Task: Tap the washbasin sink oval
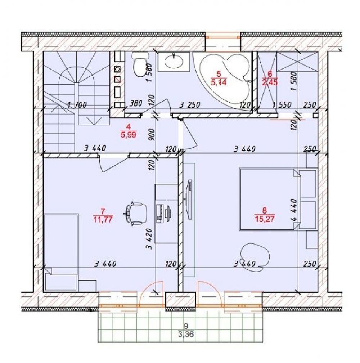(174, 62)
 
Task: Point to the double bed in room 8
(270, 199)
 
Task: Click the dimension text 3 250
(190, 105)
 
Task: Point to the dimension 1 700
(77, 105)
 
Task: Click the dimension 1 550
(281, 105)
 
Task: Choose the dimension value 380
(135, 103)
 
